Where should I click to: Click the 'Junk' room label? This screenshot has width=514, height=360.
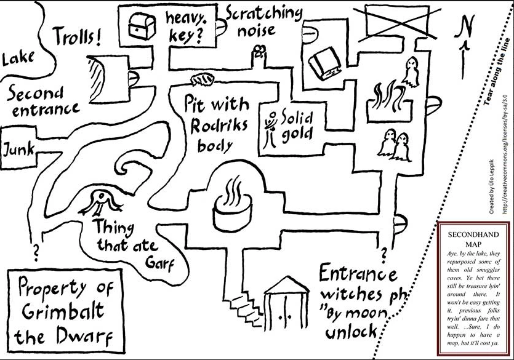pyautogui.click(x=18, y=149)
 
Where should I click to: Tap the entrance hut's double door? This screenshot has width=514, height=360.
pyautogui.click(x=284, y=317)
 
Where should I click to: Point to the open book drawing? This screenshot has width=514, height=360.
pyautogui.click(x=323, y=65)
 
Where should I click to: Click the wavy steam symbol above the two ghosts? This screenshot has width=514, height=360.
pyautogui.click(x=388, y=98)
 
